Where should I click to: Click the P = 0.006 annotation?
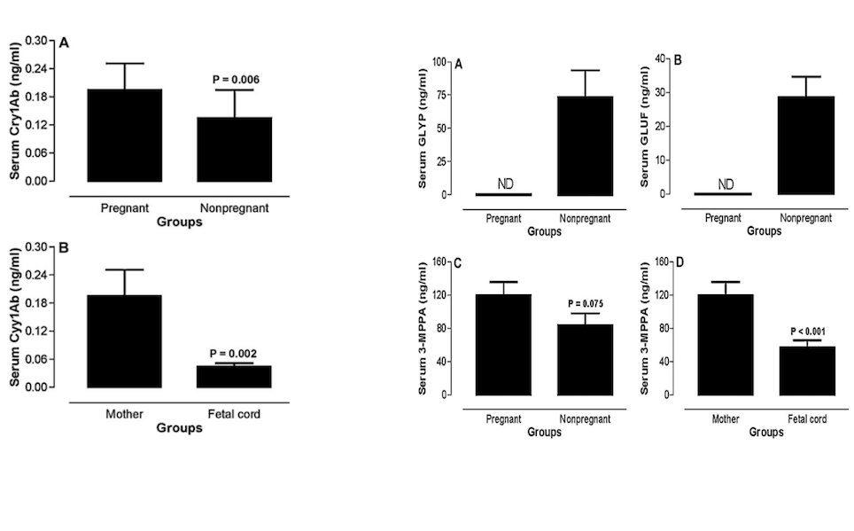tap(236, 80)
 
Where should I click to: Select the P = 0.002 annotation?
tap(236, 353)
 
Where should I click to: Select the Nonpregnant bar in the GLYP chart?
tap(586, 145)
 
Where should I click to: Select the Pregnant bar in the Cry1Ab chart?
tap(124, 136)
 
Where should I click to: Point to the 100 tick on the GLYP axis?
tap(444, 61)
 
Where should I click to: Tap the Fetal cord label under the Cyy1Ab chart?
tap(236, 413)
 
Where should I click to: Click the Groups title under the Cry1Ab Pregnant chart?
tap(179, 223)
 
